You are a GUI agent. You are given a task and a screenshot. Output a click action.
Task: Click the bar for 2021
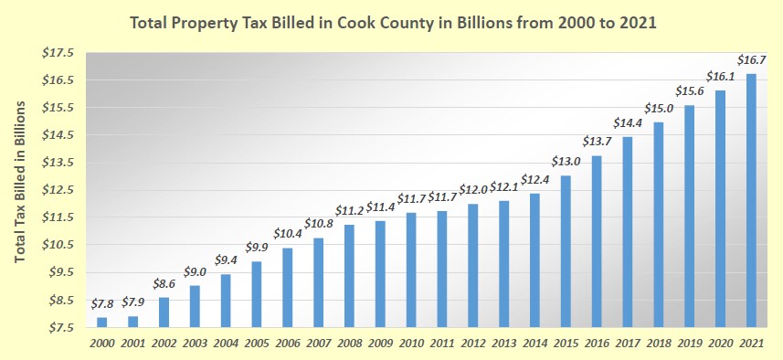pyautogui.click(x=751, y=200)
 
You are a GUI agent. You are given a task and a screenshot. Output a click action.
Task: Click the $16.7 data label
pyautogui.click(x=751, y=59)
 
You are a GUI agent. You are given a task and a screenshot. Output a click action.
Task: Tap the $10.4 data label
pyautogui.click(x=287, y=233)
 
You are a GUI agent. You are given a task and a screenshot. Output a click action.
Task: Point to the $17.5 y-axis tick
pyautogui.click(x=58, y=53)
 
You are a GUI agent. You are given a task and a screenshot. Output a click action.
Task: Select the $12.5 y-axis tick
pyautogui.click(x=58, y=190)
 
